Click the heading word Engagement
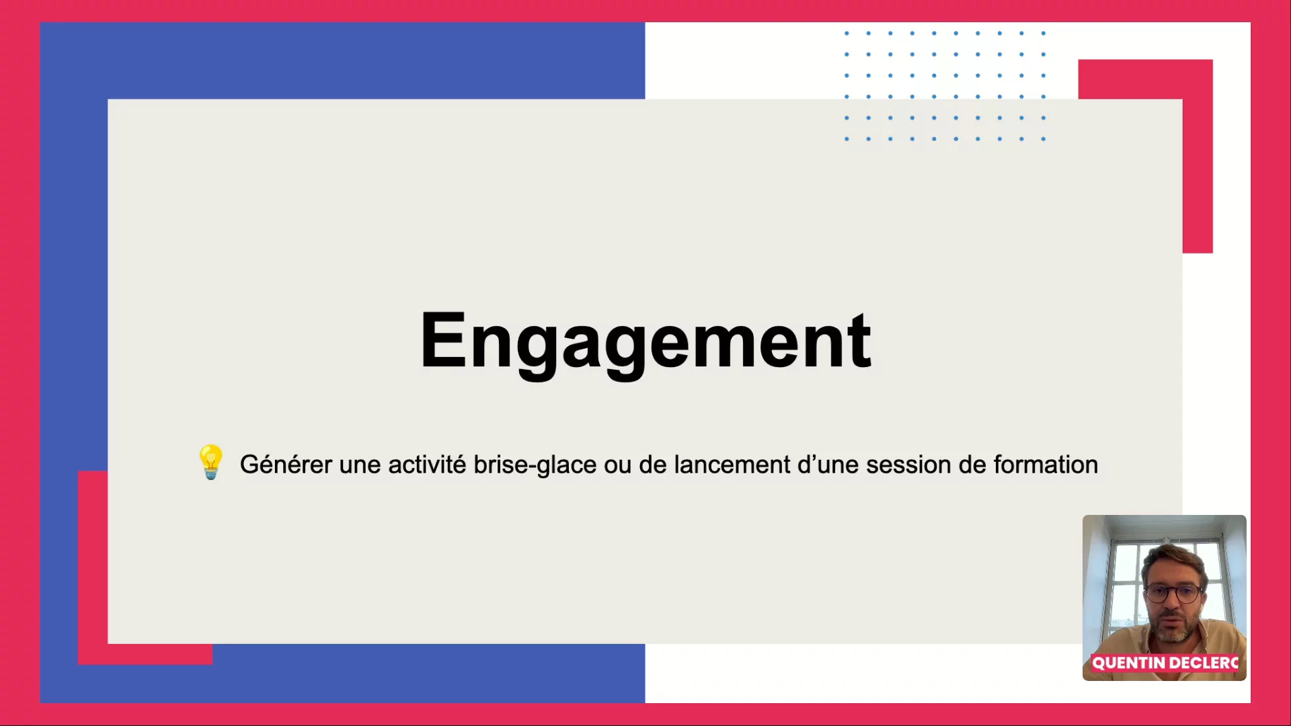[x=645, y=343]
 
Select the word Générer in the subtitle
[x=286, y=465]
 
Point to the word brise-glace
[x=535, y=465]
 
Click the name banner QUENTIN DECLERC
[x=1165, y=663]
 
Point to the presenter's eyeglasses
[x=1173, y=594]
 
